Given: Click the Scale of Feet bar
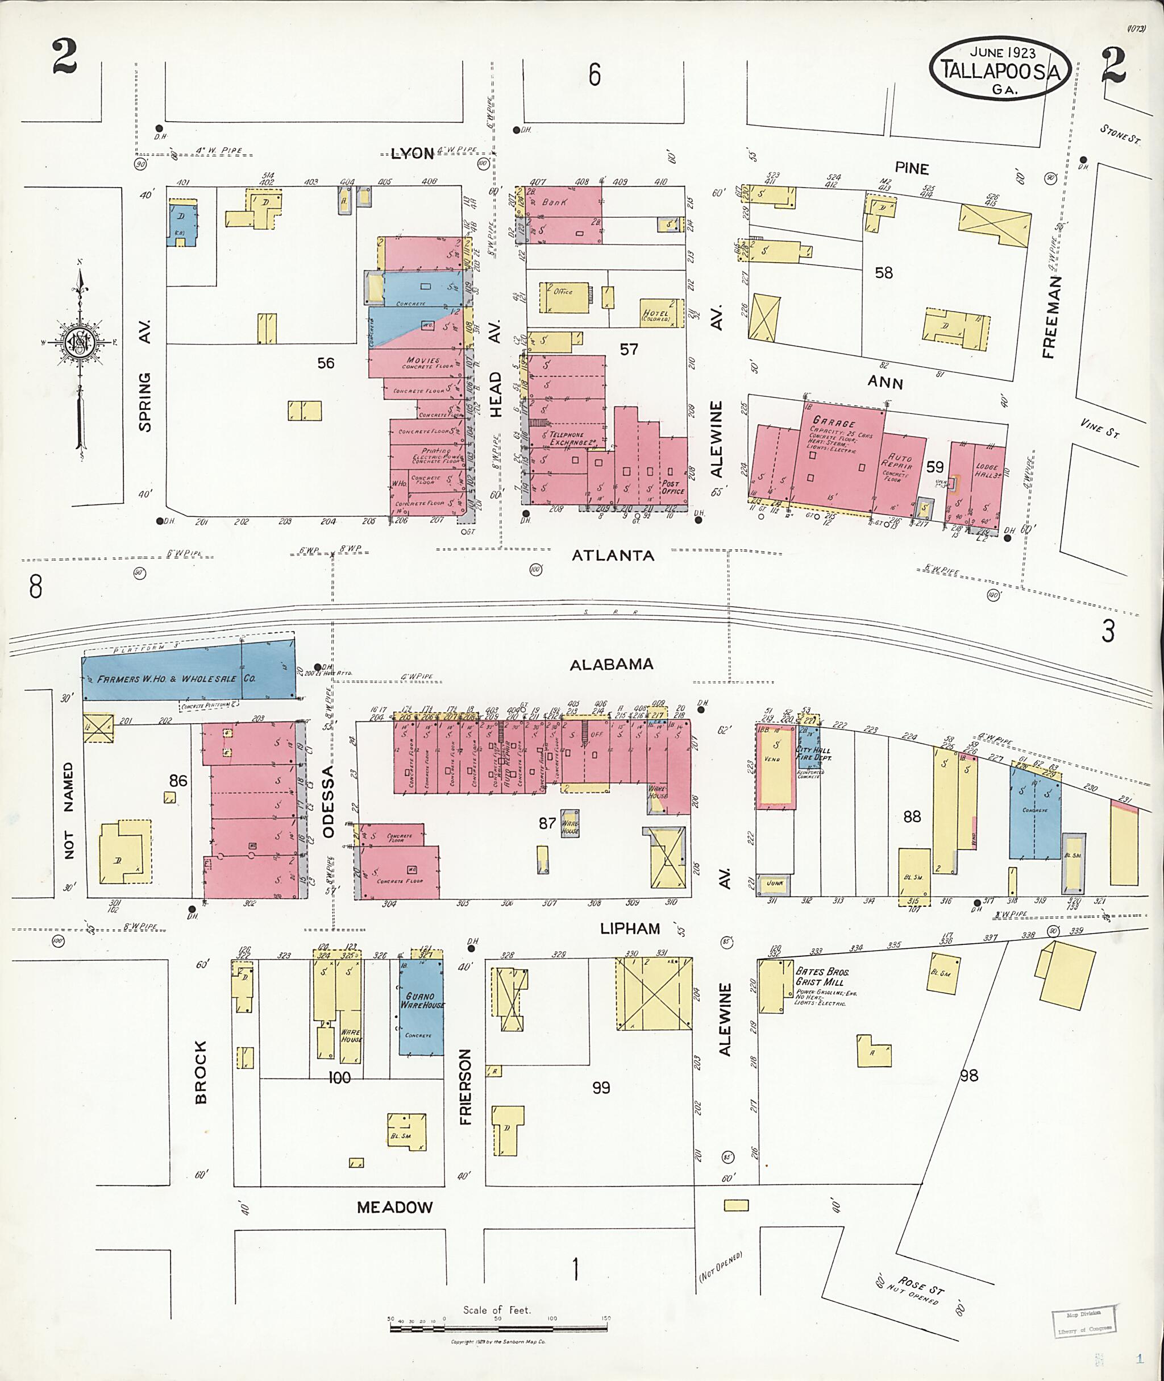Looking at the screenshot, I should click(x=500, y=1327).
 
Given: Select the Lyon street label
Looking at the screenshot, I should click(x=413, y=154).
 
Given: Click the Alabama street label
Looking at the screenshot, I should click(x=612, y=664).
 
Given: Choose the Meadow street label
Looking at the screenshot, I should click(x=394, y=1208).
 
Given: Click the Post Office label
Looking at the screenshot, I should click(x=672, y=487).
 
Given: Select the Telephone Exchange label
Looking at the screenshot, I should click(x=567, y=438).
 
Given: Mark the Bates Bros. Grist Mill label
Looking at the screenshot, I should click(x=822, y=976).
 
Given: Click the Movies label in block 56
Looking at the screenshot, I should click(x=423, y=361).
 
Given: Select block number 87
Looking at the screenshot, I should click(x=547, y=823).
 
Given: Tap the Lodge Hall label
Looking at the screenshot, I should click(x=987, y=470).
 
